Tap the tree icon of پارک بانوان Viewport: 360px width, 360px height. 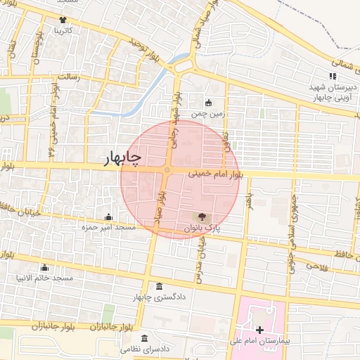click(204, 217)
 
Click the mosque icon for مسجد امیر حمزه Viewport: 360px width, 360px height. click(108, 217)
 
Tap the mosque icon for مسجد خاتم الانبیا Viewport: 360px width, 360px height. click(45, 267)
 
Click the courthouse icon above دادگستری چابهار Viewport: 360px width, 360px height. click(160, 287)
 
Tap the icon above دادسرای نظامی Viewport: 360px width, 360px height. click(146, 337)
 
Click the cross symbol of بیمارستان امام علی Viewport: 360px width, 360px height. click(259, 329)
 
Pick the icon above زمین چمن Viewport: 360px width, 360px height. click(208, 103)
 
